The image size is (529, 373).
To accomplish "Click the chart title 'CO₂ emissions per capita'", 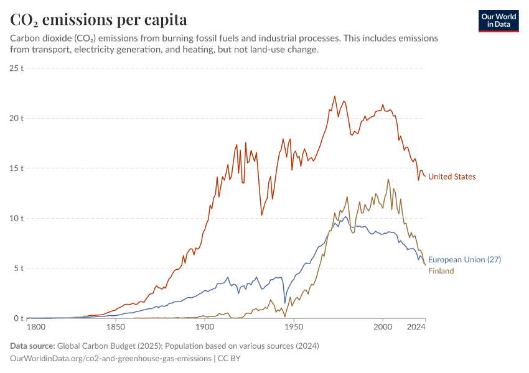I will click(98, 19).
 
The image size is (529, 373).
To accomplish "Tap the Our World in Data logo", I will click(499, 21).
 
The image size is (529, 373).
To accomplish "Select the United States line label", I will click(452, 177).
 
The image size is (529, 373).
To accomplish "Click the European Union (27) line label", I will click(464, 259).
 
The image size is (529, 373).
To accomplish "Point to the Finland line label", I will click(441, 271).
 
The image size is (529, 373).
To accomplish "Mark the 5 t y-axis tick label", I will click(17, 269).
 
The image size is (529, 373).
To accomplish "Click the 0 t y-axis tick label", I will click(17, 318).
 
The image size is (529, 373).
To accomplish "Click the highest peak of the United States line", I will click(335, 96).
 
